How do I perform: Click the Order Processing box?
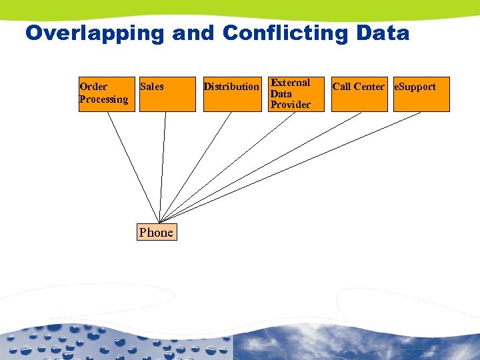(107, 94)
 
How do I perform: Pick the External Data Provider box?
(295, 94)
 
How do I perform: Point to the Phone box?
(156, 232)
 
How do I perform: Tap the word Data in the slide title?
(383, 33)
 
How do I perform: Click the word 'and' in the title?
(194, 33)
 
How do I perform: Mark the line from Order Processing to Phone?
(133, 166)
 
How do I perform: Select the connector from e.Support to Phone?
(291, 167)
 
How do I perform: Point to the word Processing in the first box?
(103, 99)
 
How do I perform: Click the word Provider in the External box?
(291, 105)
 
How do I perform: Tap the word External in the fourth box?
(291, 83)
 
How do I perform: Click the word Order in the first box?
(93, 87)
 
